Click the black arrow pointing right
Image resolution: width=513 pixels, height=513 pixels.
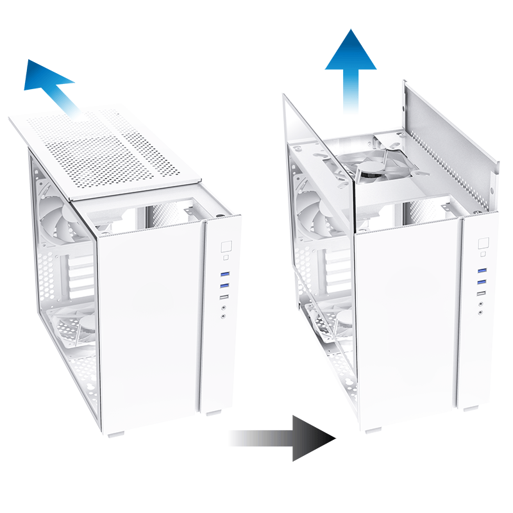click(295, 439)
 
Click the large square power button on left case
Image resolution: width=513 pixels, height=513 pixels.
click(226, 246)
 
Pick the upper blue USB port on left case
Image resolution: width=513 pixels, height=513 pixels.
click(225, 274)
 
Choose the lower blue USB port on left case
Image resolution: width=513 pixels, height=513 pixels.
click(225, 285)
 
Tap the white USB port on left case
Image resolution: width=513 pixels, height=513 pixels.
click(224, 298)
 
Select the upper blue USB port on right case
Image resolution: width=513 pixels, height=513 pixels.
click(482, 271)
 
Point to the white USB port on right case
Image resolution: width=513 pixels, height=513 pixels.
click(481, 294)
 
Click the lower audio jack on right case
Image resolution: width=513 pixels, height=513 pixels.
click(481, 314)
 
